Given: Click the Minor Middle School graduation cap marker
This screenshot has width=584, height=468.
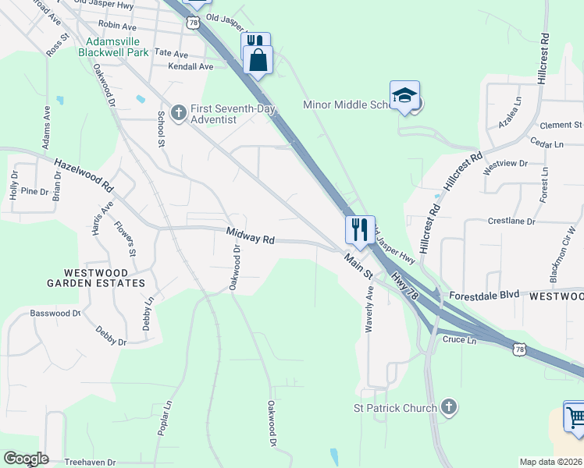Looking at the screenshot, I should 405,96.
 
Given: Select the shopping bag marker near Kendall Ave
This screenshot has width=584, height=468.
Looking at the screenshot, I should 258,59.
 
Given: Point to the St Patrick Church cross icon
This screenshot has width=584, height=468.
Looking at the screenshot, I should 448,406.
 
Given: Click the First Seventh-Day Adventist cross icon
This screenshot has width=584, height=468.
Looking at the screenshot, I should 178,113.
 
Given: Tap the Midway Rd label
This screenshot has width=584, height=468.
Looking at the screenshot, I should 251,236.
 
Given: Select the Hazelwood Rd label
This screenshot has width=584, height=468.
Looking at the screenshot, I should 84,176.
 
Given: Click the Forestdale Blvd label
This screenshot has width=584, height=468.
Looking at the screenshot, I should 483,296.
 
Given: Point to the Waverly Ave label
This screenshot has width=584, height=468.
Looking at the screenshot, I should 369,310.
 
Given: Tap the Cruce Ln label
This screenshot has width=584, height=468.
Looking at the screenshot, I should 459,340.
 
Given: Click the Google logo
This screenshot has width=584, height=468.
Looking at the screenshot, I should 26,459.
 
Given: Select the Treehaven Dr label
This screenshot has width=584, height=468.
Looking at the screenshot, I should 90,462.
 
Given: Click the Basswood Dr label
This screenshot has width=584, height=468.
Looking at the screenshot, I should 55,314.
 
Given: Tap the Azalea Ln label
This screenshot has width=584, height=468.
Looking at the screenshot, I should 516,112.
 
